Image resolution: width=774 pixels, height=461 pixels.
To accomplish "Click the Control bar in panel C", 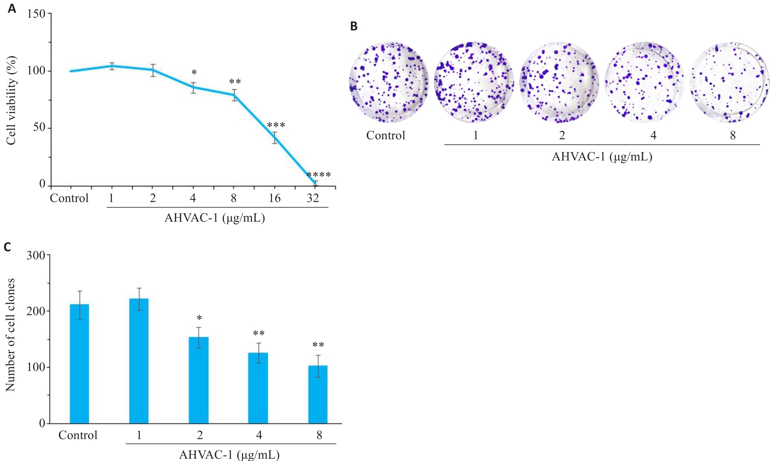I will (x=79, y=364).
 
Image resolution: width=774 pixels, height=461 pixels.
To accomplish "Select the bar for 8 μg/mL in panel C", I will (x=318, y=394).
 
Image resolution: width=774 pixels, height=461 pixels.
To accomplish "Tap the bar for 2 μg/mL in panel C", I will (x=198, y=380).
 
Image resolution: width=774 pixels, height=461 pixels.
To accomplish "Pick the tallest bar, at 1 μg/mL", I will (x=139, y=361).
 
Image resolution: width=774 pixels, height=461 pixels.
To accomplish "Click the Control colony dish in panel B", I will (x=389, y=82).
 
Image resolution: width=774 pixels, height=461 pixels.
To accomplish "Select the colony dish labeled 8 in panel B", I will (x=729, y=82).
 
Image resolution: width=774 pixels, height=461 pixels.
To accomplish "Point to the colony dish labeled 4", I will (x=644, y=82).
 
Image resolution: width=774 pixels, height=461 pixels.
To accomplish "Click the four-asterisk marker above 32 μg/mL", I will (x=319, y=175).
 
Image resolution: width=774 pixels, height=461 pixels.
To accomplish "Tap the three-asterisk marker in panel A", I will (x=276, y=125).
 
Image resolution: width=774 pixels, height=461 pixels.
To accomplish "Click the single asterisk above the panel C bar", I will (x=199, y=318).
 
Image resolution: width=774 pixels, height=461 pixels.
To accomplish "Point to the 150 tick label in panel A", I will (x=37, y=14).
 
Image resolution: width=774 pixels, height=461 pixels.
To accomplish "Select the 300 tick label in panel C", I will (x=36, y=255).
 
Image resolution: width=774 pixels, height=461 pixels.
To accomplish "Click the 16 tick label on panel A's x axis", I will (x=274, y=198).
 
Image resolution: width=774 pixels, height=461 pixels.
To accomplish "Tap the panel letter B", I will (x=354, y=26).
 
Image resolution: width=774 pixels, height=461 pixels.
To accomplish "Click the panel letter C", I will (x=7, y=247).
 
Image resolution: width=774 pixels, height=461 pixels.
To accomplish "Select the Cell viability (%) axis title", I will (x=11, y=100).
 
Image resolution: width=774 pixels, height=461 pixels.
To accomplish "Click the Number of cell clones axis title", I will (x=10, y=335).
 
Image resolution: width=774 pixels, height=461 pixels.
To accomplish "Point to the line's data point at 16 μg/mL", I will (x=275, y=138).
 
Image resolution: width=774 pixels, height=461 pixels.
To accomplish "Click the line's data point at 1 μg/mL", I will (x=111, y=66).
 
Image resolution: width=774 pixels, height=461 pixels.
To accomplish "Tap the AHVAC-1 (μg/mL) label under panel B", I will (x=602, y=157).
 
